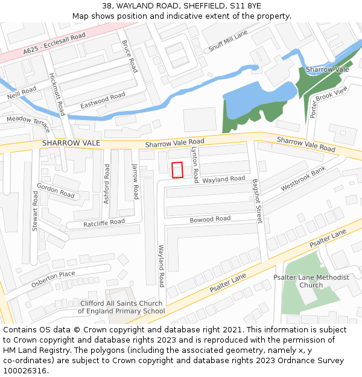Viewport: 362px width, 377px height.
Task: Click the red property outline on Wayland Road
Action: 177,170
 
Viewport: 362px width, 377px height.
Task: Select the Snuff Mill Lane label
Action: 228,41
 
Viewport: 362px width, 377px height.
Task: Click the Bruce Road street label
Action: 130,56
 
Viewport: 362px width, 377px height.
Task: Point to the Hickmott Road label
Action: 57,94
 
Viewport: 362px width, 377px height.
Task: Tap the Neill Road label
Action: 22,93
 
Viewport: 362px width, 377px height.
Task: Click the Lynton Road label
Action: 195,164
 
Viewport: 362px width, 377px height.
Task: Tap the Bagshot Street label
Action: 258,201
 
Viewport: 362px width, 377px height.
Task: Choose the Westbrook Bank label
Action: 303,179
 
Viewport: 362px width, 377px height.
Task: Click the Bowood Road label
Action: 210,219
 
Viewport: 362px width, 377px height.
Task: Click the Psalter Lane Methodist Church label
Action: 311,281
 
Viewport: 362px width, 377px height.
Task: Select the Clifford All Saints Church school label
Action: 121,307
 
